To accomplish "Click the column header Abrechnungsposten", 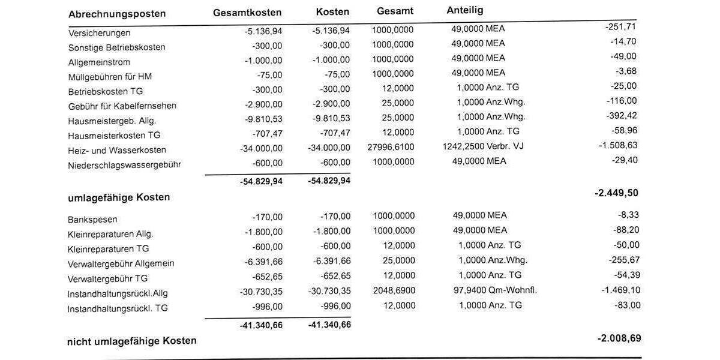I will pyautogui.click(x=117, y=14).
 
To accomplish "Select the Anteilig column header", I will pyautogui.click(x=465, y=10).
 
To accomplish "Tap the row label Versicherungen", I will pyautogui.click(x=99, y=33).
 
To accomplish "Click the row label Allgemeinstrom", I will pyautogui.click(x=99, y=62).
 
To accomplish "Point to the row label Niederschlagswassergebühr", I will pyautogui.click(x=124, y=164).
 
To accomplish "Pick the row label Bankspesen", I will pyautogui.click(x=92, y=219).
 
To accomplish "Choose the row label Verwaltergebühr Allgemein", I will pyautogui.click(x=121, y=263).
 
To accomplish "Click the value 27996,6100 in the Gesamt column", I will pyautogui.click(x=391, y=147).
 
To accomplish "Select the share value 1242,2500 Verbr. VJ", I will pyautogui.click(x=482, y=146).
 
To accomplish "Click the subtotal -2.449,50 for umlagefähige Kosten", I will pyautogui.click(x=616, y=193).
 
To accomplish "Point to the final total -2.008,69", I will pyautogui.click(x=619, y=338).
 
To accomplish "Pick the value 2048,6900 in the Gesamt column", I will pyautogui.click(x=393, y=290).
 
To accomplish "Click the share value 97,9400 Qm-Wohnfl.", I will pyautogui.click(x=495, y=290).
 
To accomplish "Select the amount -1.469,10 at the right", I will pyautogui.click(x=620, y=290).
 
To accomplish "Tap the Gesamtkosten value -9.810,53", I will pyautogui.click(x=263, y=119).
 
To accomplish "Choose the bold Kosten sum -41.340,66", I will pyautogui.click(x=329, y=325).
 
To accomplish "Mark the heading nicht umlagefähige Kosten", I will pyautogui.click(x=131, y=341).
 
